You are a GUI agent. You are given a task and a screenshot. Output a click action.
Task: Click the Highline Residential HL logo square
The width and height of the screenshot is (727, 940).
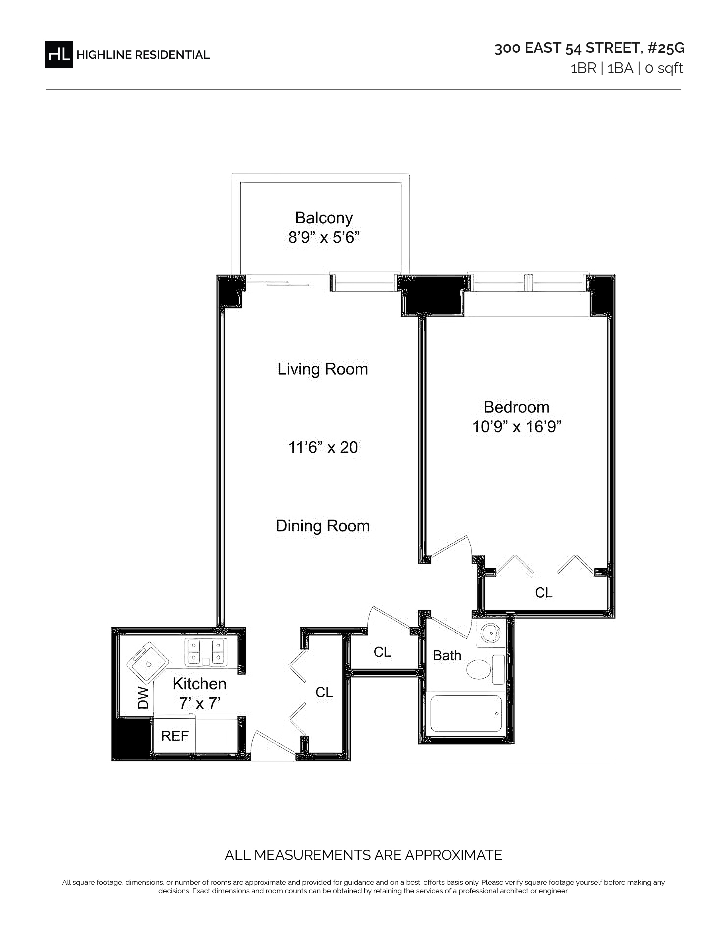point(59,54)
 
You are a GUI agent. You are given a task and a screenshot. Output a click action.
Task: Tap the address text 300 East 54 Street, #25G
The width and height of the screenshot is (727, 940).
point(589,48)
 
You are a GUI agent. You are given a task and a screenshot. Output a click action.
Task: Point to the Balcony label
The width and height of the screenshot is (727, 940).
point(324,218)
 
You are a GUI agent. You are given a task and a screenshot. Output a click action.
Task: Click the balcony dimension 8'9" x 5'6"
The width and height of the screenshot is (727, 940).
point(324,237)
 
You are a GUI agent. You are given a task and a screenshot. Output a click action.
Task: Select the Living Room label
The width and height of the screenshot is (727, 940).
point(322,369)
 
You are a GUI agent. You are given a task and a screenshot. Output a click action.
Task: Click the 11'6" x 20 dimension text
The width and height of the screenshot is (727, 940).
point(323,447)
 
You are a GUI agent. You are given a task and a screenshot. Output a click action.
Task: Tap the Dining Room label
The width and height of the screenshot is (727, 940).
point(322,526)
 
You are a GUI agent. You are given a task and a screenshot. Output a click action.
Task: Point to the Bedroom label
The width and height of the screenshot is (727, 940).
point(516,407)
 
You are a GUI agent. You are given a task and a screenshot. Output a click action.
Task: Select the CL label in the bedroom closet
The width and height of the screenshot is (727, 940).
point(543,593)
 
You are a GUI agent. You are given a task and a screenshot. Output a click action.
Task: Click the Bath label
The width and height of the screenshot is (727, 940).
point(447,655)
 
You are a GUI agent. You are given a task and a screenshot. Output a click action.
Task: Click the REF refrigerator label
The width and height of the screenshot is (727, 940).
point(175,736)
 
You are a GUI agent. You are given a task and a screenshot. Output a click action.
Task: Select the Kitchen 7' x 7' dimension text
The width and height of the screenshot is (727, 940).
point(199,693)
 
